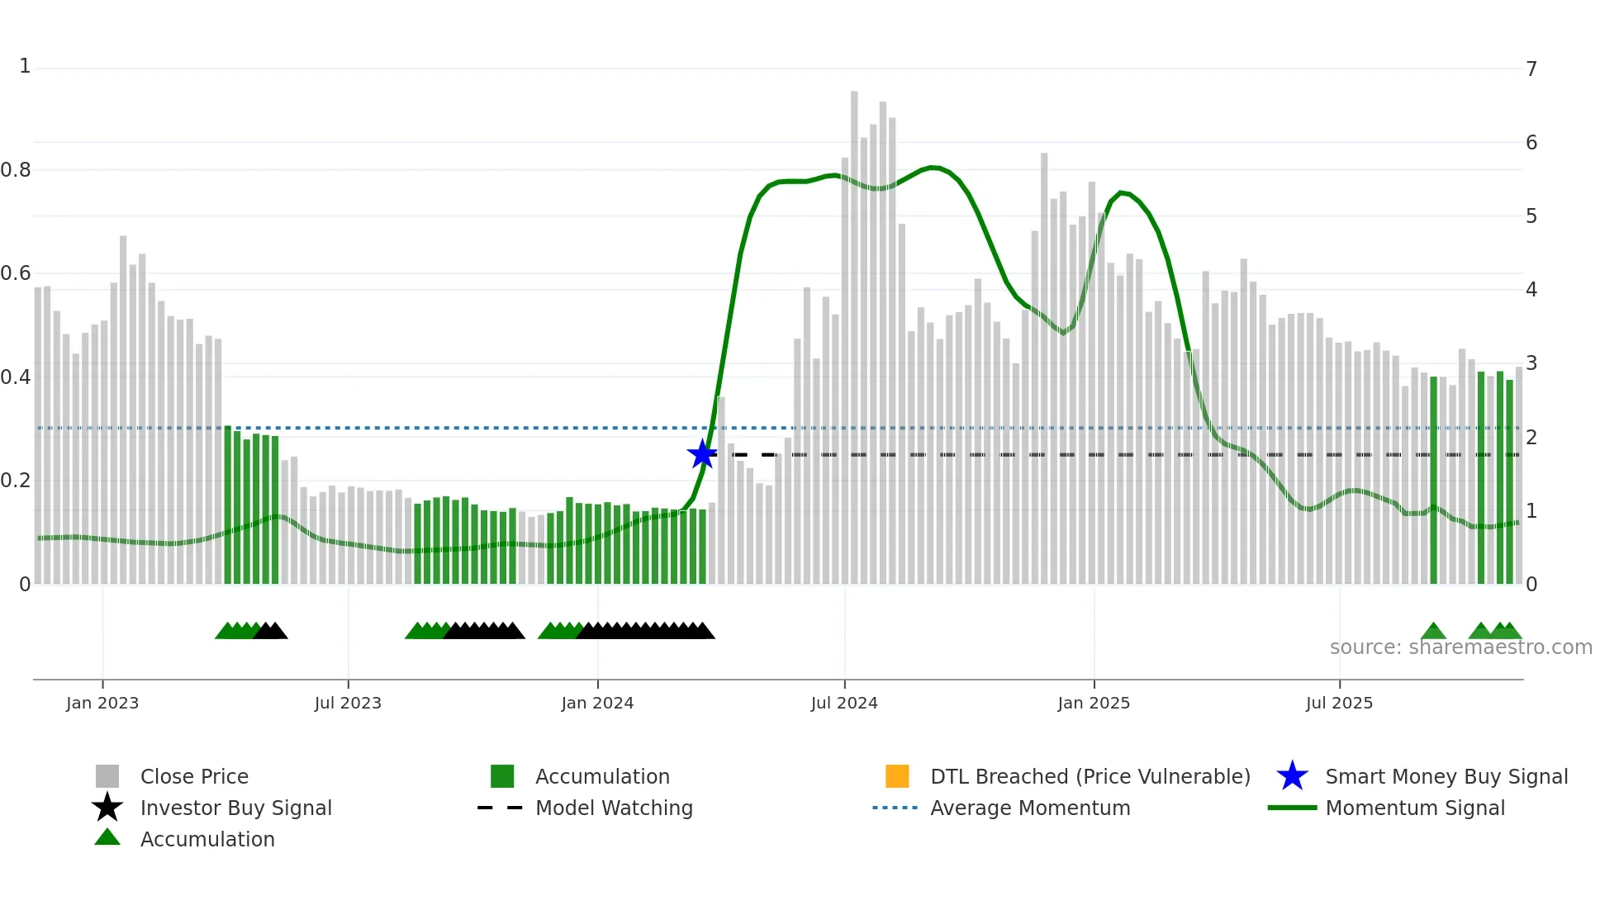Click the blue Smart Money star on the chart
pyautogui.click(x=702, y=454)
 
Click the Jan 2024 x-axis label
pyautogui.click(x=597, y=704)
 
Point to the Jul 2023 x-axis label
pyautogui.click(x=348, y=704)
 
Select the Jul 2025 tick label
pyautogui.click(x=1339, y=704)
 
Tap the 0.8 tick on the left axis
pyautogui.click(x=16, y=170)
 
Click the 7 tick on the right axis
pyautogui.click(x=1531, y=69)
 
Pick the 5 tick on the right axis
pyautogui.click(x=1531, y=216)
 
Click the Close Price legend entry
pyautogui.click(x=194, y=777)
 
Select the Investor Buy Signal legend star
pyautogui.click(x=107, y=808)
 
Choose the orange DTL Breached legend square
pyautogui.click(x=897, y=776)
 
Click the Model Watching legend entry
pyautogui.click(x=614, y=808)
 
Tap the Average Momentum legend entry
pyautogui.click(x=1030, y=808)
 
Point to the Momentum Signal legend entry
pyautogui.click(x=1415, y=808)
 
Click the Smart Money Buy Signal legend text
pyautogui.click(x=1446, y=777)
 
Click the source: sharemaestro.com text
pyautogui.click(x=1460, y=647)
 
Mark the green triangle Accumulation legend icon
pyautogui.click(x=107, y=837)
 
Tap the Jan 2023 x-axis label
pyautogui.click(x=102, y=704)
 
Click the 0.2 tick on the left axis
pyautogui.click(x=16, y=481)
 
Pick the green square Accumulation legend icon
pyautogui.click(x=502, y=776)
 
